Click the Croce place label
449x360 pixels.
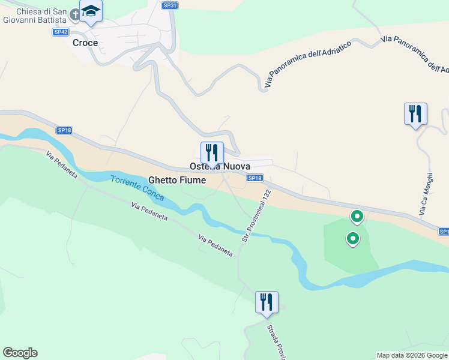coord(85,43)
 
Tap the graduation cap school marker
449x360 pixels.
coord(91,11)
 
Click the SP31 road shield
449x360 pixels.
coord(170,5)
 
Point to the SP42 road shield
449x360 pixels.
coord(60,32)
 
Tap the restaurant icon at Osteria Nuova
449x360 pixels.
coord(212,152)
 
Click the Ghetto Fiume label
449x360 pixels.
coord(176,180)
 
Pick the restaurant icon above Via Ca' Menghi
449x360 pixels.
coord(415,113)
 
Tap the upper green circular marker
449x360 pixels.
coord(357,216)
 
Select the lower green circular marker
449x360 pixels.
coord(353,239)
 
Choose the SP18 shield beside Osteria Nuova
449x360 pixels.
coord(255,178)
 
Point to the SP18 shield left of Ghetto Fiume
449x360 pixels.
coord(64,130)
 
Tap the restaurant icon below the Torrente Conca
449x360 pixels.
coord(266,302)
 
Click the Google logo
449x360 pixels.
coord(20,353)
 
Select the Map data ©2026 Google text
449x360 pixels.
coord(412,355)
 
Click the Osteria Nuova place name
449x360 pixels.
coord(220,166)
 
